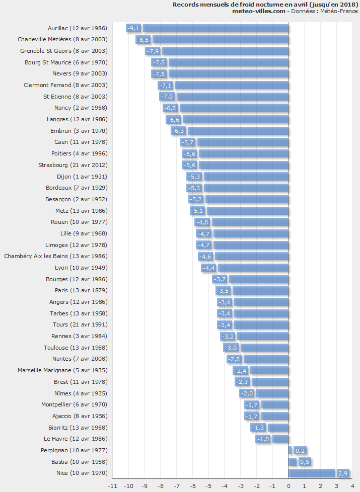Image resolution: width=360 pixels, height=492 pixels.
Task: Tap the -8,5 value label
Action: tap(143, 39)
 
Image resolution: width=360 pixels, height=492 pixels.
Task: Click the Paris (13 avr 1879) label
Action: tap(81, 290)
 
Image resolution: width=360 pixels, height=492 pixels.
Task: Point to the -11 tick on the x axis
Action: tap(113, 486)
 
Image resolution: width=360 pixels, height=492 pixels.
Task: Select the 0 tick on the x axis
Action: tap(289, 486)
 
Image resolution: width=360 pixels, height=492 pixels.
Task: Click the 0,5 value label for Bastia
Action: tap(305, 462)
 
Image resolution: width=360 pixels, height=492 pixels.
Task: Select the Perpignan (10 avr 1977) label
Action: tap(74, 450)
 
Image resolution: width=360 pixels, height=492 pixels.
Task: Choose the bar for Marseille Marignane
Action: tap(269, 370)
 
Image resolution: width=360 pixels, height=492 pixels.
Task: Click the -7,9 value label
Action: tap(153, 51)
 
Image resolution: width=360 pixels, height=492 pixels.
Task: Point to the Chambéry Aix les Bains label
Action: tap(55, 256)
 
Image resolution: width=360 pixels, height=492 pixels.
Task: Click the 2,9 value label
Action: tap(342, 473)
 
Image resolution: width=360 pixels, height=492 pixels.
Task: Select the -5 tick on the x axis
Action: tap(208, 486)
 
